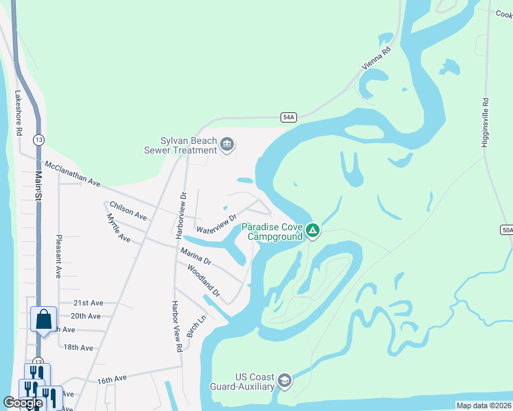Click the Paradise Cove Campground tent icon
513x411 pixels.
(x=312, y=230)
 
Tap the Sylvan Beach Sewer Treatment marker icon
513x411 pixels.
(x=227, y=145)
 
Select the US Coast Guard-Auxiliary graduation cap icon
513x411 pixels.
(x=285, y=381)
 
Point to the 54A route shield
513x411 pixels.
(x=289, y=118)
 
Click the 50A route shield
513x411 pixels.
(x=507, y=229)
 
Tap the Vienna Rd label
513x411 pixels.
(x=377, y=60)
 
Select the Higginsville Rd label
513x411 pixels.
(x=486, y=123)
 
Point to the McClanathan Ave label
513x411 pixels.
(x=72, y=175)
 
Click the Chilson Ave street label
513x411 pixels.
(x=128, y=211)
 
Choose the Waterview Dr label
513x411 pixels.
(x=216, y=224)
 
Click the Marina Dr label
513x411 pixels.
(x=195, y=257)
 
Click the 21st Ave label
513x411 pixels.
(x=88, y=303)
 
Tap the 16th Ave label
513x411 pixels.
(x=112, y=379)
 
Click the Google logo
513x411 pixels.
(x=23, y=403)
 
